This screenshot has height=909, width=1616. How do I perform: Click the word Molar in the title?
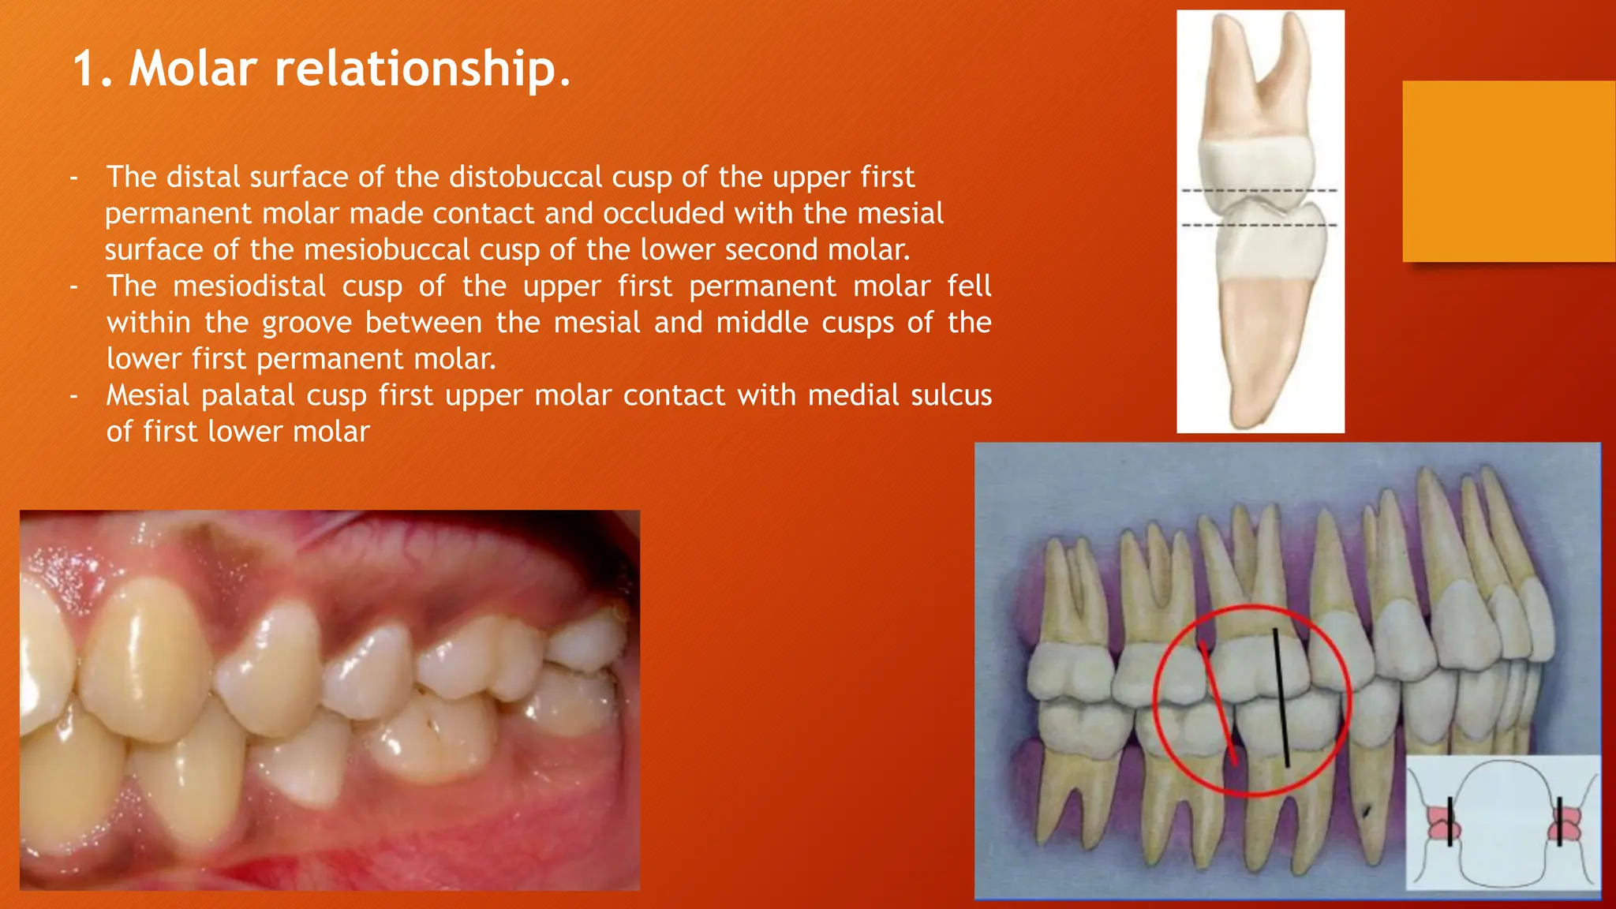tap(193, 69)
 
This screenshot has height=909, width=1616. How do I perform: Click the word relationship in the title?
tap(422, 69)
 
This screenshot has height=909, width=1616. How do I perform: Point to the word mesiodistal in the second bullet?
tap(249, 286)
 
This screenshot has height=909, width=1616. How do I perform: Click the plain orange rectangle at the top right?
tap(1509, 170)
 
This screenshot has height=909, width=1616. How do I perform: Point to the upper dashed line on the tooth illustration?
tap(1259, 191)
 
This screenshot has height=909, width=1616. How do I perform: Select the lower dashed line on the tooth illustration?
tap(1259, 226)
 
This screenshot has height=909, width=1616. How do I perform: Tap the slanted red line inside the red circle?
tap(1218, 702)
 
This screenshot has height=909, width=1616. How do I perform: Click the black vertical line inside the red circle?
tap(1281, 698)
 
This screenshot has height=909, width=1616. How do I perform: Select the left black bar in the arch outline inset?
tap(1450, 821)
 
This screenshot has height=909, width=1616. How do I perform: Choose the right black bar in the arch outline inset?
tap(1560, 821)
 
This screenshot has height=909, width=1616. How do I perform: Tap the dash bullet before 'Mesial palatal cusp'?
tap(73, 395)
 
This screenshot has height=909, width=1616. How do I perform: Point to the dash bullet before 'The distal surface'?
tap(73, 178)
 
